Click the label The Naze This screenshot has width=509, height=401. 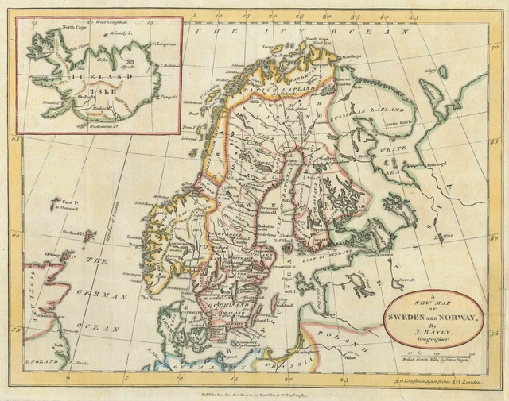pos(150,298)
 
